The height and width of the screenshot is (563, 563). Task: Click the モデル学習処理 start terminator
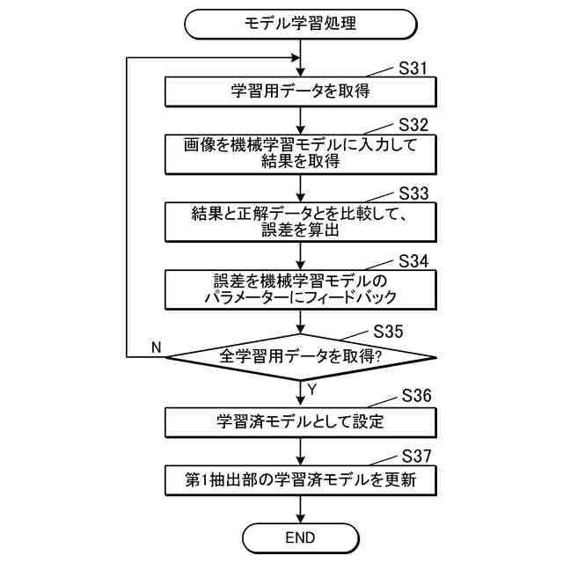point(301,24)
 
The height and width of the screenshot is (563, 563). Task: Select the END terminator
point(301,537)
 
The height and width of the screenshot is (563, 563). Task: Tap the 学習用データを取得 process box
point(301,91)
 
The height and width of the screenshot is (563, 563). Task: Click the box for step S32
point(301,153)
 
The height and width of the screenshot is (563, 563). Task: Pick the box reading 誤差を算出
point(301,222)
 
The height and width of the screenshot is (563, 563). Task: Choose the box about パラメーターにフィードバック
point(301,289)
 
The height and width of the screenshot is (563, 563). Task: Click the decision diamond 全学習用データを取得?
point(301,357)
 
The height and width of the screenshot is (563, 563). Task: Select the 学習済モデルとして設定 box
point(301,420)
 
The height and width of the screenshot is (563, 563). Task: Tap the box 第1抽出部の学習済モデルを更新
point(301,480)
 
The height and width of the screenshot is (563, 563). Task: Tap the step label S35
point(390,332)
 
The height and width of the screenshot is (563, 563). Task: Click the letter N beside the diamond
point(157,347)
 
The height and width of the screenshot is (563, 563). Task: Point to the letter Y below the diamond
point(312,388)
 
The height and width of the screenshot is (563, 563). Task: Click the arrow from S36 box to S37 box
point(301,450)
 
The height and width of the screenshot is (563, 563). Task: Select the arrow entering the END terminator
point(301,509)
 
